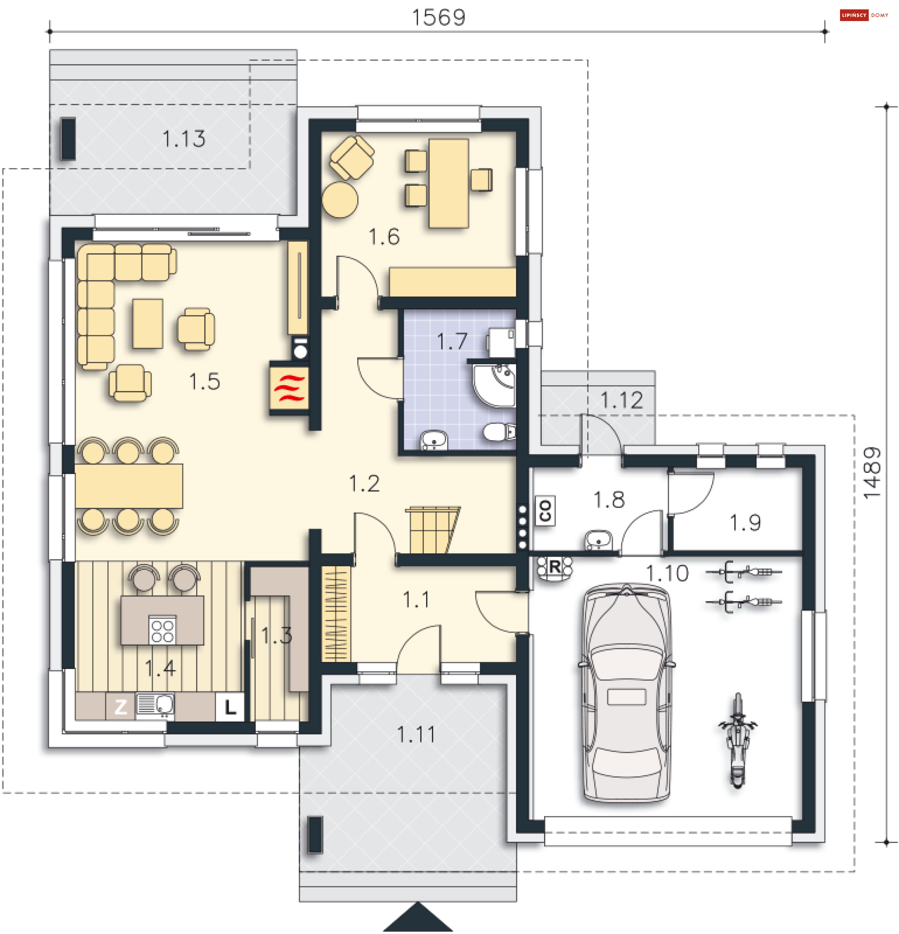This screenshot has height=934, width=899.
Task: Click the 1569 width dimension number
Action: tap(438, 18)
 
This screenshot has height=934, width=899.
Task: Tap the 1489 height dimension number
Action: tap(872, 473)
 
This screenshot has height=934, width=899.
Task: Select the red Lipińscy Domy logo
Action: tap(864, 15)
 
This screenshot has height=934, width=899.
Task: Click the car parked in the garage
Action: tap(626, 694)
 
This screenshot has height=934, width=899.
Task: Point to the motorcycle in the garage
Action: tap(737, 741)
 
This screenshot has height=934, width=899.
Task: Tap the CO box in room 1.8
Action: tap(545, 511)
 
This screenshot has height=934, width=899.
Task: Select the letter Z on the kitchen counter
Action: tap(121, 706)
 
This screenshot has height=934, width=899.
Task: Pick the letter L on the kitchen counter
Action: tap(230, 706)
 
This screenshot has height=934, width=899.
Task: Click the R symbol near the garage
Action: tap(554, 567)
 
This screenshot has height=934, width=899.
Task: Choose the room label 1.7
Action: tap(451, 342)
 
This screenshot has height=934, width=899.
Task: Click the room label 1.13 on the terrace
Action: tap(184, 139)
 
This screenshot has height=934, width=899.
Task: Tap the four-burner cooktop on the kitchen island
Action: tap(162, 631)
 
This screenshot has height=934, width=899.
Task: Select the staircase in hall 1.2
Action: tap(432, 530)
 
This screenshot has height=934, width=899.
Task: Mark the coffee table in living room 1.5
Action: tap(148, 324)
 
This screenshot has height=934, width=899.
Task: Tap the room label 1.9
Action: tap(745, 523)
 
